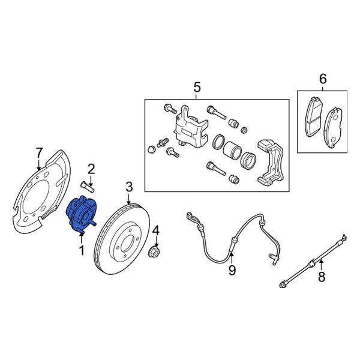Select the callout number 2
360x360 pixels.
(92, 169)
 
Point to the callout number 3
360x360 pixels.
(129, 188)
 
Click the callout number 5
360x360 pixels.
(197, 88)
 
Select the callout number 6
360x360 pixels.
(322, 79)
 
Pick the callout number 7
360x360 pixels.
(40, 151)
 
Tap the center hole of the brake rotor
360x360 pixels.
(124, 248)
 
